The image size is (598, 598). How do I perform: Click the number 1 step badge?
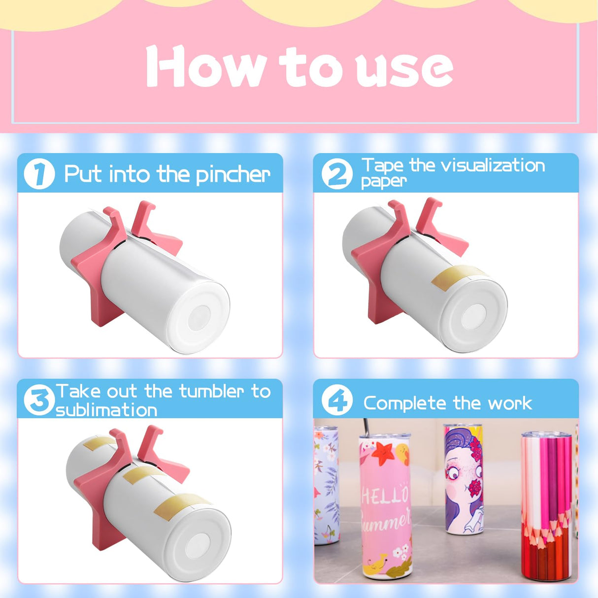click(x=39, y=174)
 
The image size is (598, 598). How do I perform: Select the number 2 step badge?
click(x=337, y=174)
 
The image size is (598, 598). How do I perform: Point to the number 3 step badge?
click(x=39, y=400)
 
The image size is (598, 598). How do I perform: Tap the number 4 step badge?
click(x=337, y=401)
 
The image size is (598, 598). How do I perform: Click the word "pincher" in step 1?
click(x=233, y=175)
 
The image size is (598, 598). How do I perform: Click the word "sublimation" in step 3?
click(x=106, y=410)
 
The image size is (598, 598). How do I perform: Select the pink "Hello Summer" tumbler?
click(x=385, y=507)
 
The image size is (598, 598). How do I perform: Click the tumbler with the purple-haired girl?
click(x=463, y=480)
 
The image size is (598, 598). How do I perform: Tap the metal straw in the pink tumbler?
click(x=366, y=426)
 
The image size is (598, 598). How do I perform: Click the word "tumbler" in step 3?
click(x=212, y=391)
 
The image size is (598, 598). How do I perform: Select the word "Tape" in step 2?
click(x=382, y=166)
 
